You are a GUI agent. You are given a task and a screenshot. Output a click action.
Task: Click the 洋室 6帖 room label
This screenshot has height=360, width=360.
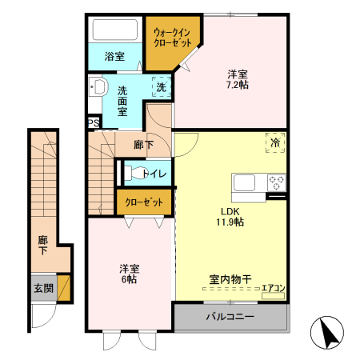pyautogui.click(x=127, y=274)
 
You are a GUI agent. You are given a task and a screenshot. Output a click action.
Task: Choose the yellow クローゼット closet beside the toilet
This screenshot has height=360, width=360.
pyautogui.click(x=145, y=203)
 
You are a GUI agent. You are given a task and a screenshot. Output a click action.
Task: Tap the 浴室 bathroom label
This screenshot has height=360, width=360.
pyautogui.click(x=115, y=57)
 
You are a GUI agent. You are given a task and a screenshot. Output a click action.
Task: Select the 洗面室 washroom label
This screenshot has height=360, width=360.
pyautogui.click(x=123, y=101)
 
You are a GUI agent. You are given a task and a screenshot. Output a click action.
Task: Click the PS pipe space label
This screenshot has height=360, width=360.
pyautogui.click(x=94, y=123)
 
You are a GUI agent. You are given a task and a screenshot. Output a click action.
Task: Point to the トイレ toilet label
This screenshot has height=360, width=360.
pyautogui.click(x=154, y=174)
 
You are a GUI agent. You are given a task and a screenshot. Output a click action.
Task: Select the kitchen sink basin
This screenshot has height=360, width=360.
pyautogui.click(x=243, y=182)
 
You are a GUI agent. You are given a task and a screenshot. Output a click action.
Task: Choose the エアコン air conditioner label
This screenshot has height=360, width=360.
pyautogui.click(x=274, y=289)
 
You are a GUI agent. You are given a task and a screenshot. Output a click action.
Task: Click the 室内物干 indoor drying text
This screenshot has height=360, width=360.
pyautogui.click(x=230, y=279)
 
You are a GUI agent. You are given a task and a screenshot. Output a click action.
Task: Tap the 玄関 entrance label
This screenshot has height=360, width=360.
pyautogui.click(x=43, y=288)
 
